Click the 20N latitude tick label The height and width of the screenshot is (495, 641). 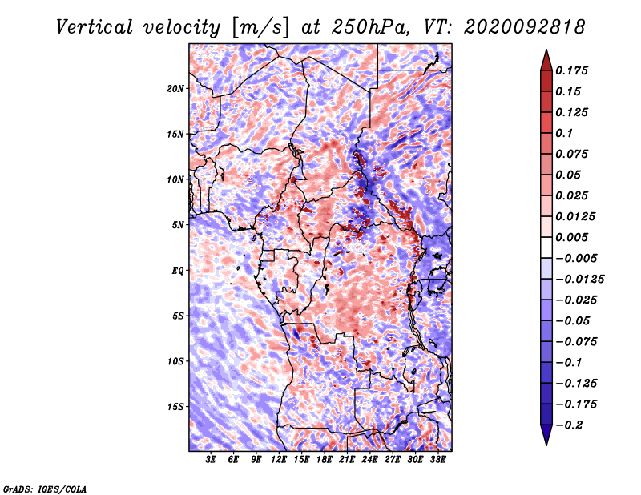point(175,89)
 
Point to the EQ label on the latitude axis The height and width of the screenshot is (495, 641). point(178,271)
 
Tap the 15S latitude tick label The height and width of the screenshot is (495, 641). point(175,407)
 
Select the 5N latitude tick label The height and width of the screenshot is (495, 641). point(178,225)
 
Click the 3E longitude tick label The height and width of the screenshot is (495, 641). point(211,460)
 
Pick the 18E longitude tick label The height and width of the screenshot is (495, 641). point(325,460)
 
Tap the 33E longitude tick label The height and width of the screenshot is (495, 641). point(437,460)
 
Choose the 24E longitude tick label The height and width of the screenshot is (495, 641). point(369,460)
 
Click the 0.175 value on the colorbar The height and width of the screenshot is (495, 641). point(571,70)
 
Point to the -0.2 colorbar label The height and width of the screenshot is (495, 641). point(569,425)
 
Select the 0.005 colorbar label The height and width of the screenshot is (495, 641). point(571,237)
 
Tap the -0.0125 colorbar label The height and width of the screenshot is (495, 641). point(579,280)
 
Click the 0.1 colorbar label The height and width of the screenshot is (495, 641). point(564,133)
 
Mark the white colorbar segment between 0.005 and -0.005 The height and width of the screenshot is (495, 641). point(546,247)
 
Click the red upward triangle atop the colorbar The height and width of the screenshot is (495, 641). point(546,61)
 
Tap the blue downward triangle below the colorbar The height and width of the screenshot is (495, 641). point(546,435)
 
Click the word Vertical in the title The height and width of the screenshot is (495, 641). point(95,27)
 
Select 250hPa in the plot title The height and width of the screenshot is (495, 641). point(370,27)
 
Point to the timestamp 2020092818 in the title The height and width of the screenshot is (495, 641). point(525,27)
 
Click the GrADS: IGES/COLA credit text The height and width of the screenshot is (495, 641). point(45,489)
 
